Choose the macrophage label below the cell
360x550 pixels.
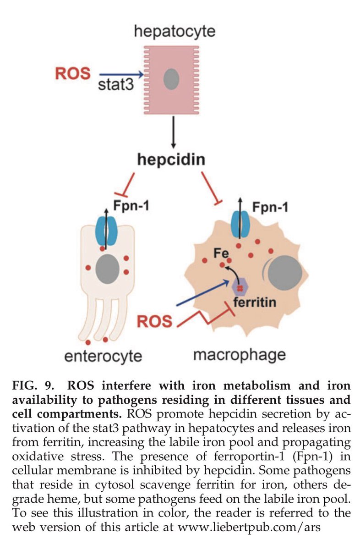click(x=239, y=354)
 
